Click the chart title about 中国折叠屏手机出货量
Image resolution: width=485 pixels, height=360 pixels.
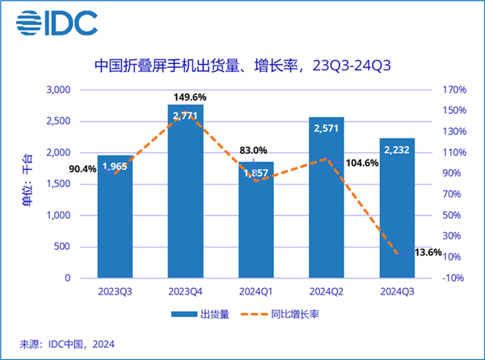pos(242,66)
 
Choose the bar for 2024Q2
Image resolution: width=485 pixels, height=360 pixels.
pos(327,197)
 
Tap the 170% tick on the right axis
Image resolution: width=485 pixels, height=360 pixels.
pos(456,89)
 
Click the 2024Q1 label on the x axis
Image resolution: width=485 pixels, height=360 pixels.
pos(255,290)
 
